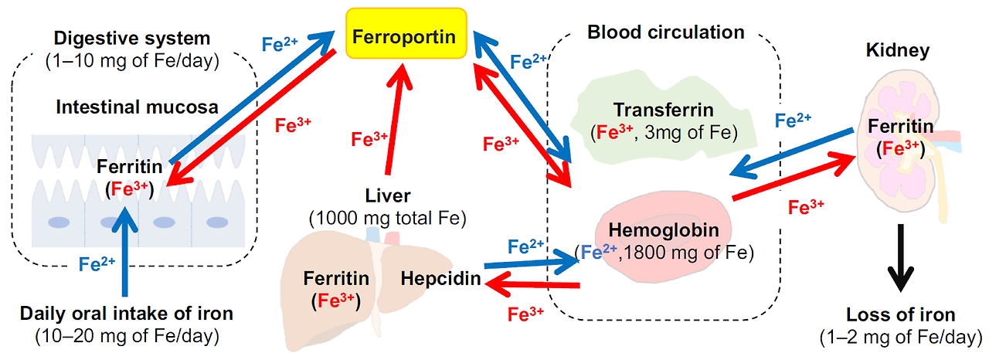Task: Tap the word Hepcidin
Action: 440,278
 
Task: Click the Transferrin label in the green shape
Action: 664,110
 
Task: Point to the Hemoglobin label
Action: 664,229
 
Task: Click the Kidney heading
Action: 898,51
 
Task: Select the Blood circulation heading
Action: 665,32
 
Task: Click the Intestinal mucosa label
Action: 136,107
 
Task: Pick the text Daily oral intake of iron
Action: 126,314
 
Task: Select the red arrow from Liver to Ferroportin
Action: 393,116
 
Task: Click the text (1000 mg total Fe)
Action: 387,219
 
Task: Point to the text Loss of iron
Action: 900,314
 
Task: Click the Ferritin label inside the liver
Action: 336,278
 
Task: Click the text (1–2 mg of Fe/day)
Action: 900,338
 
